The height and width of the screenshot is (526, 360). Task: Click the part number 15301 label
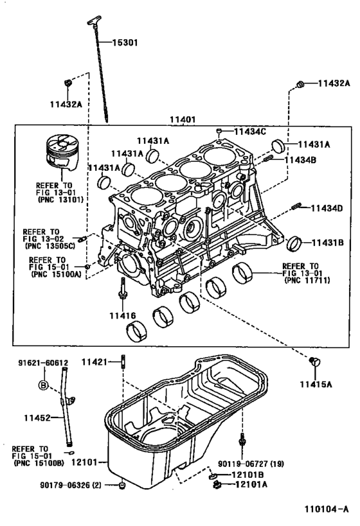[x=125, y=42]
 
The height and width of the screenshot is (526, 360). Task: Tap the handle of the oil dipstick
[x=94, y=20]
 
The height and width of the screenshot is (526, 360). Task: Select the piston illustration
[x=62, y=152]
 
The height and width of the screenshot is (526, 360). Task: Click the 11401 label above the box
[x=183, y=119]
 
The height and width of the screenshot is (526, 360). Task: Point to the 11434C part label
[x=250, y=132]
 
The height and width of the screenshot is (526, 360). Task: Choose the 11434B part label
[x=300, y=160]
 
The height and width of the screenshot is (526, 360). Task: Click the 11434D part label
[x=327, y=208]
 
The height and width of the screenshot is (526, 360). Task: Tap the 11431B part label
[x=328, y=243]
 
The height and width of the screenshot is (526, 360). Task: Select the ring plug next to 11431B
[x=294, y=243]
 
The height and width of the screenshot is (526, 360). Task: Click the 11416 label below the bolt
[x=123, y=316]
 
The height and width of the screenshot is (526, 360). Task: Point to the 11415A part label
[x=316, y=384]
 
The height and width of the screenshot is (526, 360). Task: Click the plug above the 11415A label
[x=314, y=362]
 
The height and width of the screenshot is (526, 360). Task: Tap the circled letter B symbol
[x=43, y=385]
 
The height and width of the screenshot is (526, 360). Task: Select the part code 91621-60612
[x=43, y=363]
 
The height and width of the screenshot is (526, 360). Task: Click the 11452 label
[x=37, y=418]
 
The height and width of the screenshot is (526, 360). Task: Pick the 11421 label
[x=94, y=362]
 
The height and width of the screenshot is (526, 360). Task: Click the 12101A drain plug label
[x=251, y=484]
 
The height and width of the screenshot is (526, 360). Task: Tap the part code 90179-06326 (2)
[x=71, y=485]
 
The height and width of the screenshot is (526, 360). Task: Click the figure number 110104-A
[x=327, y=509]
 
